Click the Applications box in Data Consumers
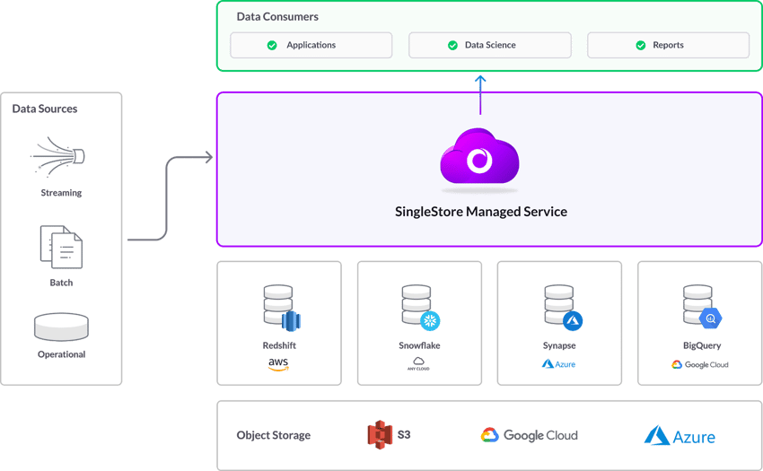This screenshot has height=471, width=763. (311, 45)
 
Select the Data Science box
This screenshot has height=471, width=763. (489, 45)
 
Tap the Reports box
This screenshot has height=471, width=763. (668, 45)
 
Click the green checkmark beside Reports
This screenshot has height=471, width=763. (641, 45)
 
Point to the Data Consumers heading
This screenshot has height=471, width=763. (277, 17)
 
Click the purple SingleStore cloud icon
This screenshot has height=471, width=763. (479, 159)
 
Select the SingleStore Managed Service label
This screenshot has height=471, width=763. (481, 213)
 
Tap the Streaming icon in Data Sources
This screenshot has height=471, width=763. (59, 157)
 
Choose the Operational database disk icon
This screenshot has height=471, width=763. (61, 327)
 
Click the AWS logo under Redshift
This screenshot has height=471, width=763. (278, 365)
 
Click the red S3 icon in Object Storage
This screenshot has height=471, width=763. (381, 435)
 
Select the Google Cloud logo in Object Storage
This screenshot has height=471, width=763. (529, 435)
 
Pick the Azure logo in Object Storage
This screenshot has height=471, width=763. (680, 435)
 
